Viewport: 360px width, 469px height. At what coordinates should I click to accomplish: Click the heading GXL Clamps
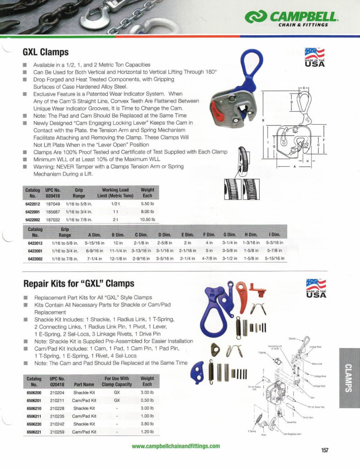[x=46, y=52]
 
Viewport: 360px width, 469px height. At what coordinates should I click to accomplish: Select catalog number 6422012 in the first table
[x=32, y=203]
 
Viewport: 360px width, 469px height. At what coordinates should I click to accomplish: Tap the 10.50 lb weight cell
[x=147, y=219]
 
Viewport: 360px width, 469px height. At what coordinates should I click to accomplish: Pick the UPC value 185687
[x=54, y=212]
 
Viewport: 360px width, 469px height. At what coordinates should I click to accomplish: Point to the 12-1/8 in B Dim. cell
[x=119, y=259]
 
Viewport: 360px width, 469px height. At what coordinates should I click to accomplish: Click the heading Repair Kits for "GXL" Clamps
[x=78, y=284]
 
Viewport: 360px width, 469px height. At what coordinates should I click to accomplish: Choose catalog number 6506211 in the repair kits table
[x=34, y=416]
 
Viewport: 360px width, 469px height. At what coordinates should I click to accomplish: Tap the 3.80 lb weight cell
[x=147, y=424]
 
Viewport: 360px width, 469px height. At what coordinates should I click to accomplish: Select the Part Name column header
[x=84, y=384]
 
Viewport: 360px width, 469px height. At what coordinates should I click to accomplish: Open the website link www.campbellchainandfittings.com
[x=175, y=446]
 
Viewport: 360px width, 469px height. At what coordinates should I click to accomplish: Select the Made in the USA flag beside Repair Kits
[x=316, y=289]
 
